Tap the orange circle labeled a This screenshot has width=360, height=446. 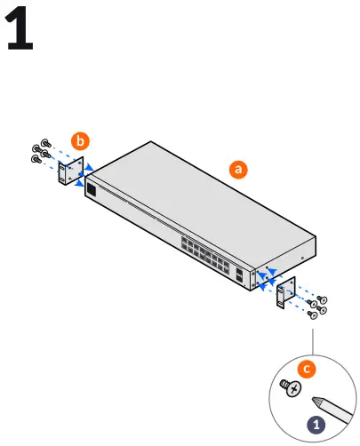click(x=237, y=169)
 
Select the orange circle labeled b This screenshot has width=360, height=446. click(x=81, y=140)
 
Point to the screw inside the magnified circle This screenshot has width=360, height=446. click(x=290, y=388)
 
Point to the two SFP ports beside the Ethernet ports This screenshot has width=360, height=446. click(x=241, y=273)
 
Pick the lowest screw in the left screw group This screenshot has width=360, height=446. click(x=36, y=160)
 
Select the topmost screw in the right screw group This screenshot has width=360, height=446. click(x=324, y=299)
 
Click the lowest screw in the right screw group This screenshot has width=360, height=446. click(x=312, y=315)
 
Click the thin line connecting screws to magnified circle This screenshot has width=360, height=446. click(x=312, y=341)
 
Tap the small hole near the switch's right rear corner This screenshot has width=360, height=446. click(x=302, y=259)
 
